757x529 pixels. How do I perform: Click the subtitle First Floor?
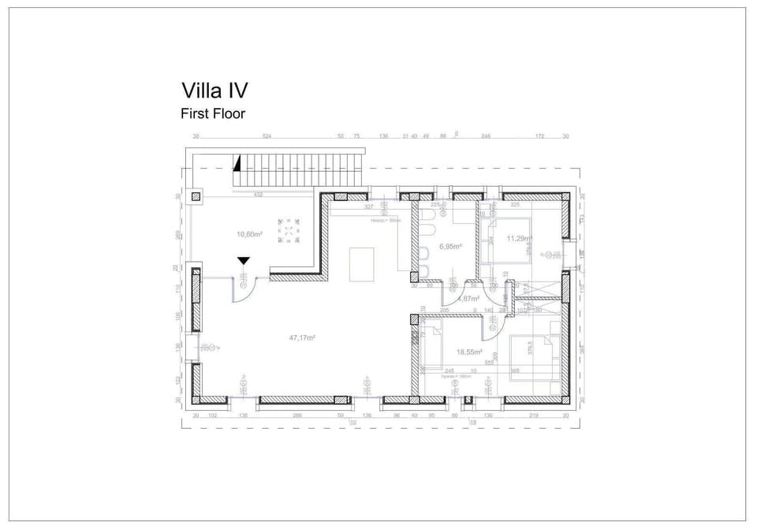coord(213,114)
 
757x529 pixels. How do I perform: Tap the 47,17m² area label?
coord(302,337)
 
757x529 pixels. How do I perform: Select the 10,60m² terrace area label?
coord(249,234)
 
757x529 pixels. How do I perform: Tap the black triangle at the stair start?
coord(236,163)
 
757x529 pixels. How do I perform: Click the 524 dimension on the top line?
coord(267,136)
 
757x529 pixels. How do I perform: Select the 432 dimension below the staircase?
coord(258,194)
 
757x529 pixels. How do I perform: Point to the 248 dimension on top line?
coord(486,136)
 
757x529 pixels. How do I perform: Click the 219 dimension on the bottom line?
coord(533,415)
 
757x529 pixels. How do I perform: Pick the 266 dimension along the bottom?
coord(297,415)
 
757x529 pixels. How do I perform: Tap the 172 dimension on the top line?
coord(539,136)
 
